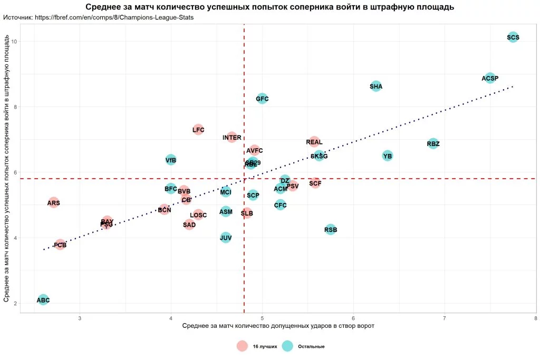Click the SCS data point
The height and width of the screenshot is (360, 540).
pos(513,37)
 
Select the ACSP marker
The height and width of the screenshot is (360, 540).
pos(490,79)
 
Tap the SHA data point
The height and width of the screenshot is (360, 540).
pos(376,86)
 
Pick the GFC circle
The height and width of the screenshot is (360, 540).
pos(262,99)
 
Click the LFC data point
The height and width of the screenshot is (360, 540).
pos(198,130)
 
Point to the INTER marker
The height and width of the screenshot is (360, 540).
pos(232,138)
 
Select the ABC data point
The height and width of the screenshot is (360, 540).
pos(43,300)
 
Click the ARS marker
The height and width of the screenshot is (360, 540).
pos(53,203)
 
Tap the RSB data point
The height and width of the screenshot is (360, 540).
pos(331,229)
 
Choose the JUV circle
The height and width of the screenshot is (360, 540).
pos(226,238)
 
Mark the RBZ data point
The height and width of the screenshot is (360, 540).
pos(433,143)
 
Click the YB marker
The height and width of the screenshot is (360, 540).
pos(388,156)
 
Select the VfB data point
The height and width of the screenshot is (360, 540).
pos(171,160)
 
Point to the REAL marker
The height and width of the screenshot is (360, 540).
pos(314,142)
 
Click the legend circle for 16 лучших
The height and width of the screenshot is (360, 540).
pos(242,346)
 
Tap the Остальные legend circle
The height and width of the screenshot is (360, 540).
pos(287,346)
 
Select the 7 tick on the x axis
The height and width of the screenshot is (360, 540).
pos(445,318)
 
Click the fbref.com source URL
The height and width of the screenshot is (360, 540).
pos(115,17)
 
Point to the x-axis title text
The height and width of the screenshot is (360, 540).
pos(278,326)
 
